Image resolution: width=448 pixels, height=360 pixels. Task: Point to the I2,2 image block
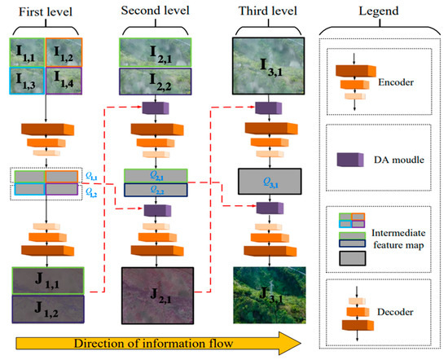click(x=154, y=82)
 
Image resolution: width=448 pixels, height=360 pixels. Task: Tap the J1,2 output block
click(x=46, y=310)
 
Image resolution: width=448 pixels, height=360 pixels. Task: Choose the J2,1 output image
click(x=154, y=296)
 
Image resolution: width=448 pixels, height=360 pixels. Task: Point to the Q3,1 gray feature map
click(x=268, y=182)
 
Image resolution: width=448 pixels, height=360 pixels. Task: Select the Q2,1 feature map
click(x=154, y=175)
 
